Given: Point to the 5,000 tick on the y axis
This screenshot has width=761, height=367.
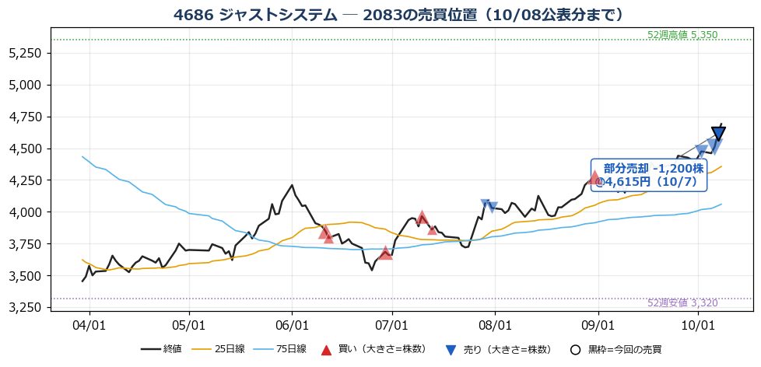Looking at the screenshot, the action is click(26, 86).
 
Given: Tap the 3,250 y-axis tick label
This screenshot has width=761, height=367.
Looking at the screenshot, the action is click(26, 308).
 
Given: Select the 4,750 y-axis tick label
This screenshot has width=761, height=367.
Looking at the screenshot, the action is click(26, 117).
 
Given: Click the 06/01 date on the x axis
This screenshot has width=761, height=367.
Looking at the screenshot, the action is click(292, 323).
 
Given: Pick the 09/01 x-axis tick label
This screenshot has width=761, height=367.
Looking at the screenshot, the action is click(598, 323).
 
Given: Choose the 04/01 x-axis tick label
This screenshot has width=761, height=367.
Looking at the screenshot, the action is click(89, 323).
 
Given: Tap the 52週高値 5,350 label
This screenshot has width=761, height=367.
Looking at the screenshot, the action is click(682, 34).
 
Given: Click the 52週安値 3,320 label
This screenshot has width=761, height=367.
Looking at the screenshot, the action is click(682, 303).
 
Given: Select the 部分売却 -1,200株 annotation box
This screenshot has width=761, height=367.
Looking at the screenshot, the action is click(650, 175).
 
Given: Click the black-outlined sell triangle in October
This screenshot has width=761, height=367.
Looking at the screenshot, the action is click(719, 133).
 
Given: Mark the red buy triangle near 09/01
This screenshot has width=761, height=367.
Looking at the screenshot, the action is click(594, 177).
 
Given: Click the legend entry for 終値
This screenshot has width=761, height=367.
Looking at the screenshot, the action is click(161, 349).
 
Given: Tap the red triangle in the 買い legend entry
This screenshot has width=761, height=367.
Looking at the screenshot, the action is click(327, 350).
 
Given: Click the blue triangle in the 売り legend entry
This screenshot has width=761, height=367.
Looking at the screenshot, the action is click(451, 350).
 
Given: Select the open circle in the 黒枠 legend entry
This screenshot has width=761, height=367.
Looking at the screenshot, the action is click(575, 350).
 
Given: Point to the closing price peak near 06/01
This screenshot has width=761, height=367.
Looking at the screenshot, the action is click(292, 185).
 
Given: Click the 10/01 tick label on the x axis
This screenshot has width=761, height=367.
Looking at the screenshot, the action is click(698, 323).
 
